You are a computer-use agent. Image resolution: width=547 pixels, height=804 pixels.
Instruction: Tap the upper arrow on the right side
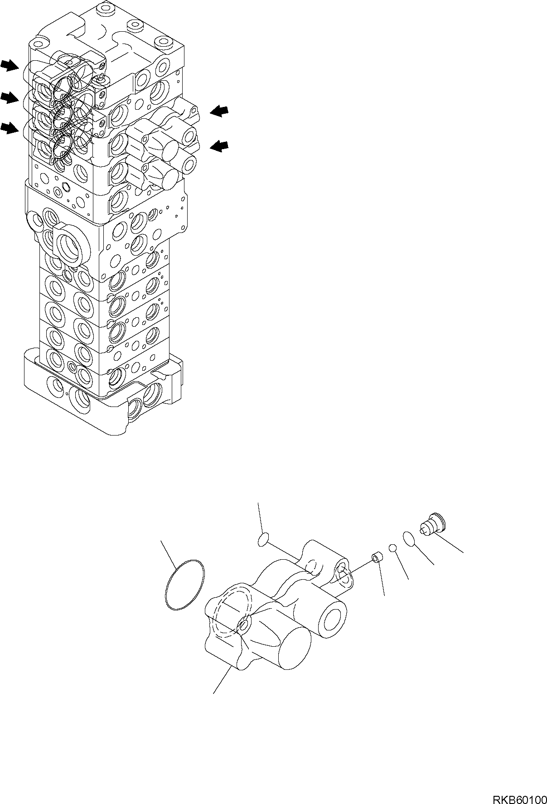click(x=220, y=111)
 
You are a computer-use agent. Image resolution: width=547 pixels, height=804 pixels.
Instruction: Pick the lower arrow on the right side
click(x=220, y=145)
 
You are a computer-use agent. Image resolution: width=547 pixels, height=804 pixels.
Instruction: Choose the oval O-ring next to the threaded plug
click(x=408, y=538)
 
